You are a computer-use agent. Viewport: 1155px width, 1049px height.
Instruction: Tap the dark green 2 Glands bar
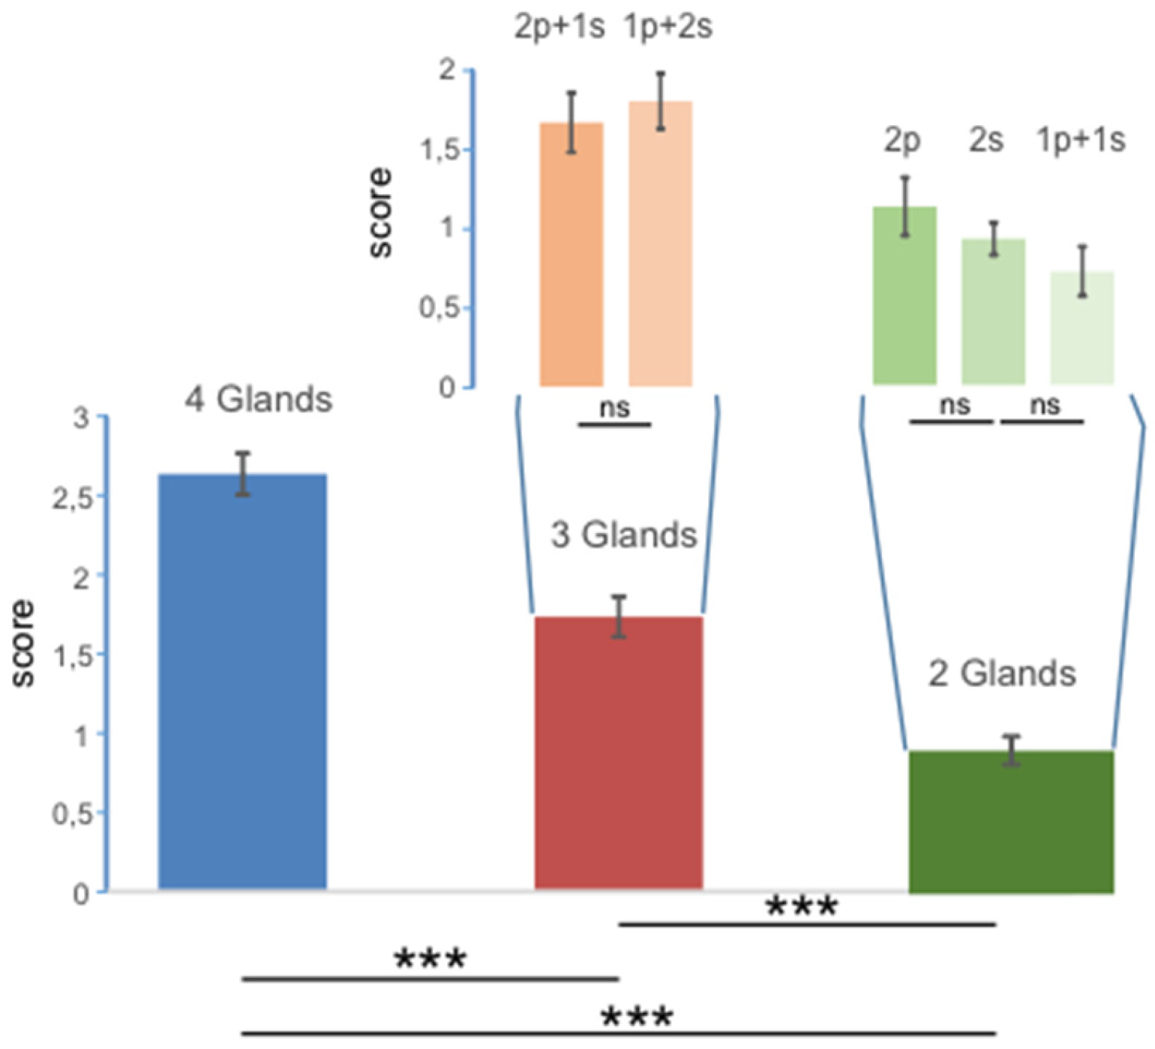point(1011,821)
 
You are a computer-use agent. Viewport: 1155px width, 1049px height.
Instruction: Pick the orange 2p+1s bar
point(571,254)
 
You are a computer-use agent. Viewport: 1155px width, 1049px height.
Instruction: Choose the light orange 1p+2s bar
point(660,244)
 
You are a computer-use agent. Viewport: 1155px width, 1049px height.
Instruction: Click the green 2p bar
point(904,295)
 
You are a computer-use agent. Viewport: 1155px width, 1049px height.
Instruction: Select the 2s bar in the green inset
point(993,311)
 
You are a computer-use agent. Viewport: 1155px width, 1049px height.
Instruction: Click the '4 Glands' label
point(258,399)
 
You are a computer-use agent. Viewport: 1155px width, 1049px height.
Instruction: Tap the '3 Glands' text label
point(623,535)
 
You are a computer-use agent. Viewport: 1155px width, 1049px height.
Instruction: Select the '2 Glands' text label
point(1001,673)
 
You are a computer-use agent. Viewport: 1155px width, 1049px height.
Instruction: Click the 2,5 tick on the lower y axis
point(73,498)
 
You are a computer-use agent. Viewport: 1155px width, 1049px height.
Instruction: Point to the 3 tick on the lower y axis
point(81,418)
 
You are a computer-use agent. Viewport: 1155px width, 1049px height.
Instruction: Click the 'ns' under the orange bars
point(614,408)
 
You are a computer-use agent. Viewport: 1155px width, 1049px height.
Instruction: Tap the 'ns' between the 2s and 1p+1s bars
point(1044,405)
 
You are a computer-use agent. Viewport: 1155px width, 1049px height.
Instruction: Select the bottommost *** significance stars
point(637,1017)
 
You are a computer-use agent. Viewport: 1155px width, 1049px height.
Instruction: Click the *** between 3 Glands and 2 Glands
point(801,907)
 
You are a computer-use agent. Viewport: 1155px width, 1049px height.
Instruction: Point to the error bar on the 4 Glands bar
point(242,474)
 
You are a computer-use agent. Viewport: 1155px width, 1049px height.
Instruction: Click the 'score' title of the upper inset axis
point(381,213)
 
